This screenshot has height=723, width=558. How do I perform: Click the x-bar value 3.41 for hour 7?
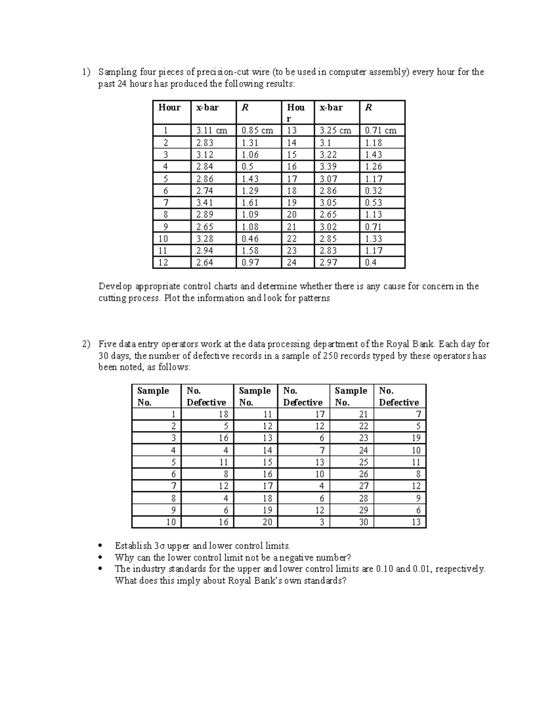click(x=205, y=203)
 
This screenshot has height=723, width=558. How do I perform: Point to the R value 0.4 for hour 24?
click(x=371, y=263)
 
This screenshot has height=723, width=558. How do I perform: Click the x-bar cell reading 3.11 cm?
click(x=212, y=130)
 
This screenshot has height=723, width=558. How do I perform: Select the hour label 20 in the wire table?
click(x=292, y=215)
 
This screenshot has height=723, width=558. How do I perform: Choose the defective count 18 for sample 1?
click(x=223, y=414)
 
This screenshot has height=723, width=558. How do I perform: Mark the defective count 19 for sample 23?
click(x=416, y=438)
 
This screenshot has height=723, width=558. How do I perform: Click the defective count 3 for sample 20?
click(x=321, y=522)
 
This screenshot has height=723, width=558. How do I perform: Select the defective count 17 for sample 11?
click(x=319, y=414)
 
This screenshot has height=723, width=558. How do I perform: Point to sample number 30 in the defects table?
click(x=363, y=522)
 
